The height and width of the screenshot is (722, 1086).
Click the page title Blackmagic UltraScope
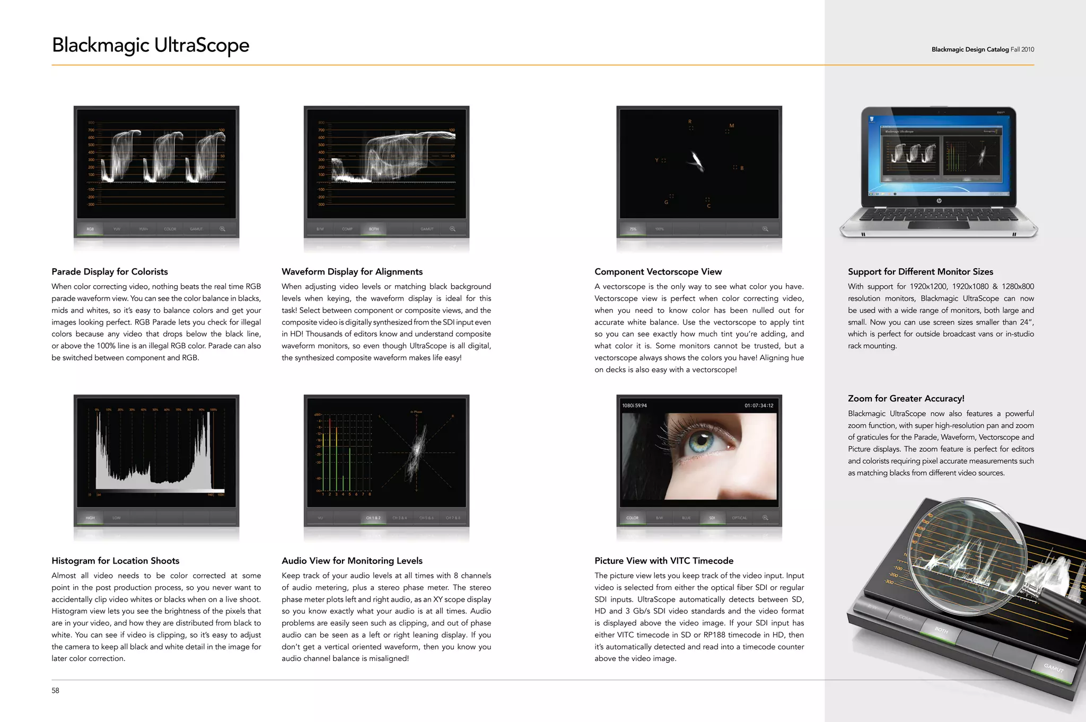(x=151, y=46)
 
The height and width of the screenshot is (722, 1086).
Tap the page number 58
(x=55, y=690)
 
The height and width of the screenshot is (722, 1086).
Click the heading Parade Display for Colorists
(x=110, y=271)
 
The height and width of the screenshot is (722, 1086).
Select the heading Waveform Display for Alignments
(x=352, y=271)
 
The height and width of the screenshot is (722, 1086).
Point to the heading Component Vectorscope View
(x=658, y=271)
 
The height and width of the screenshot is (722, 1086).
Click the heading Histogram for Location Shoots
(x=116, y=560)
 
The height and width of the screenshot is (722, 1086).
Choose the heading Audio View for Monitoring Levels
(x=352, y=560)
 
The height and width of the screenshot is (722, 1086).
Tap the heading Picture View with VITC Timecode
(x=664, y=560)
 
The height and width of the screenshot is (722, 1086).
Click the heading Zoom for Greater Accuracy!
(x=906, y=398)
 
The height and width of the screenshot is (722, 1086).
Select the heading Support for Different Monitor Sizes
(x=921, y=271)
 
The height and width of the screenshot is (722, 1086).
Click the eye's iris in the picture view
(x=703, y=439)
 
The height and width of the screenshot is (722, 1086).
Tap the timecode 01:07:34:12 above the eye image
(x=759, y=406)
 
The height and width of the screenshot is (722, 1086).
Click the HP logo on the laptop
(x=939, y=201)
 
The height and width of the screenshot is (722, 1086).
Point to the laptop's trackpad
(x=939, y=225)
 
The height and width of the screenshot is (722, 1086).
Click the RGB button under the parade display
(x=90, y=229)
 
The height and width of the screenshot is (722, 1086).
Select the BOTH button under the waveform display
(x=374, y=229)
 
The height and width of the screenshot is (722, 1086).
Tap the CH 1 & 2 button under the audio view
(x=373, y=518)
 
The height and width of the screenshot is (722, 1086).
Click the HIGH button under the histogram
(x=90, y=518)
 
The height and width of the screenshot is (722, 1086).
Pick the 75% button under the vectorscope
(x=633, y=229)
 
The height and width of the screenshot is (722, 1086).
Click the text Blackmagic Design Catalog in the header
(x=970, y=49)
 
